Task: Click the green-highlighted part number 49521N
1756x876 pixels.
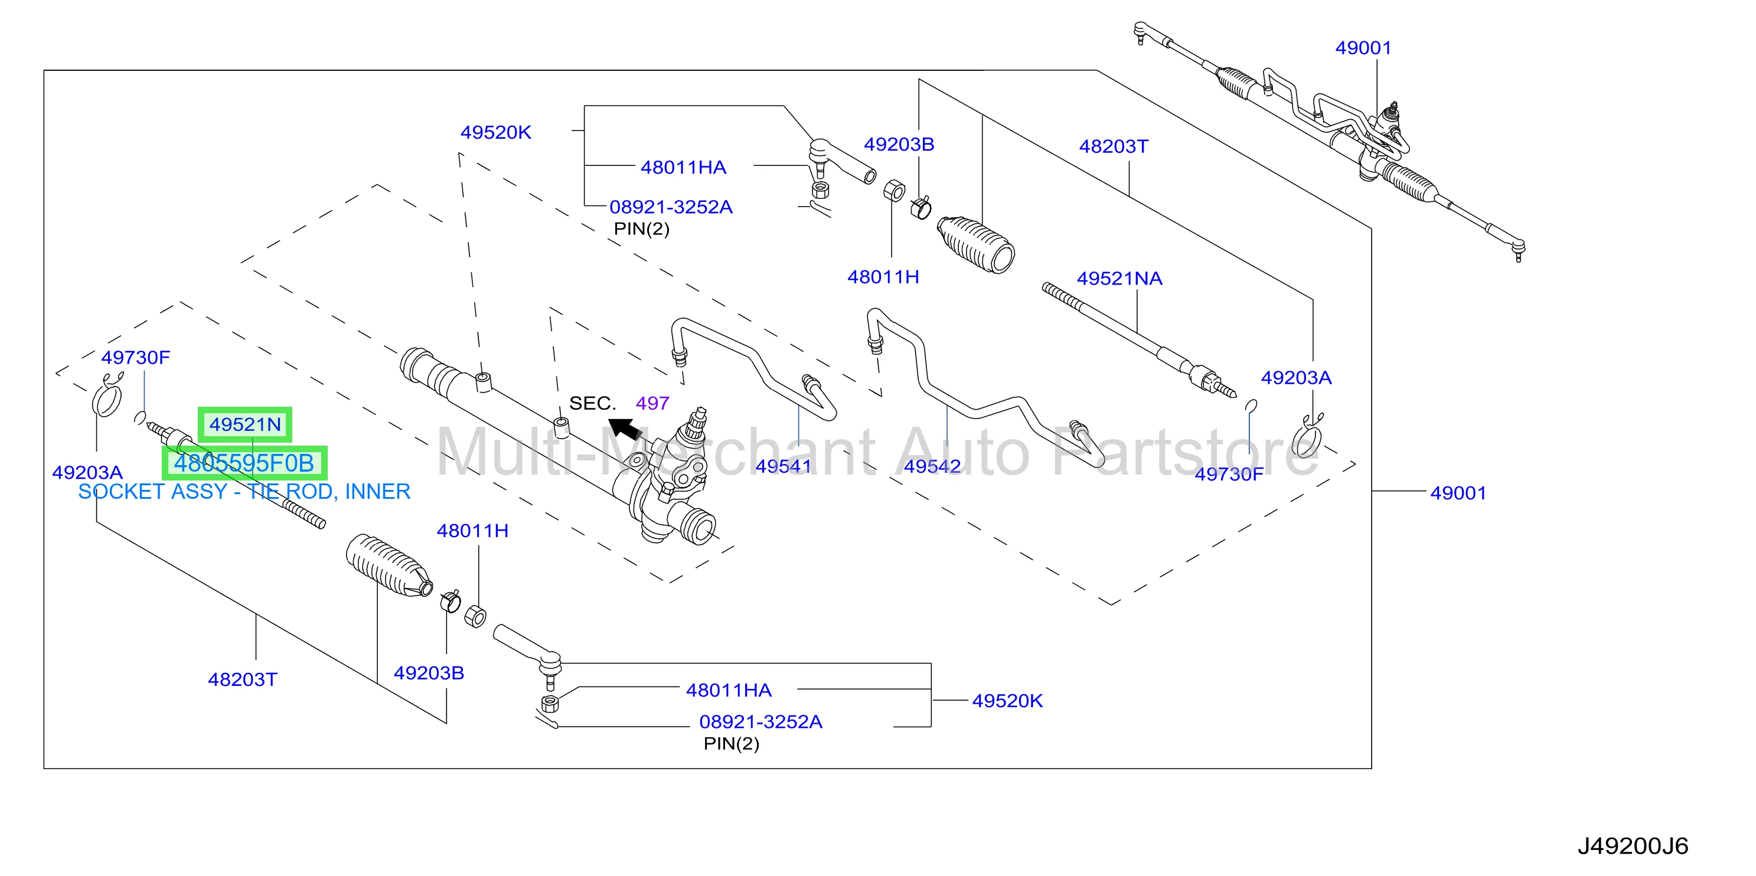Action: tap(244, 424)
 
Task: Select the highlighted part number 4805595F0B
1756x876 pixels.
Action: tap(244, 463)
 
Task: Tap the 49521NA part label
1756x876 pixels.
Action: tap(1119, 278)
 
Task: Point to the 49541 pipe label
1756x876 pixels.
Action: tap(784, 466)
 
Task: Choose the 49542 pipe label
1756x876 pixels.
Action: tap(932, 466)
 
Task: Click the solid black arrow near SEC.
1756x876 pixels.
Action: tap(625, 429)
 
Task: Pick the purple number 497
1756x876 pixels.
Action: tap(652, 403)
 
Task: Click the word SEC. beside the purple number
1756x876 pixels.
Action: tap(592, 403)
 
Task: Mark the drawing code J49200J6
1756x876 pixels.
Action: tap(1633, 846)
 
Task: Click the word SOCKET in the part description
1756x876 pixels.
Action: tap(119, 492)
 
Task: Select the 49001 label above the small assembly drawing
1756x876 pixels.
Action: tap(1363, 48)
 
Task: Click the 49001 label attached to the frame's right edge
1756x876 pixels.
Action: tap(1458, 493)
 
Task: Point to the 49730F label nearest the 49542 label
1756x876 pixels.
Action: tap(1229, 474)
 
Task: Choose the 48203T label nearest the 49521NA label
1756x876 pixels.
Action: tap(1113, 146)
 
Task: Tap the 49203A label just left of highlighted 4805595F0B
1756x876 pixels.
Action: tap(87, 472)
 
